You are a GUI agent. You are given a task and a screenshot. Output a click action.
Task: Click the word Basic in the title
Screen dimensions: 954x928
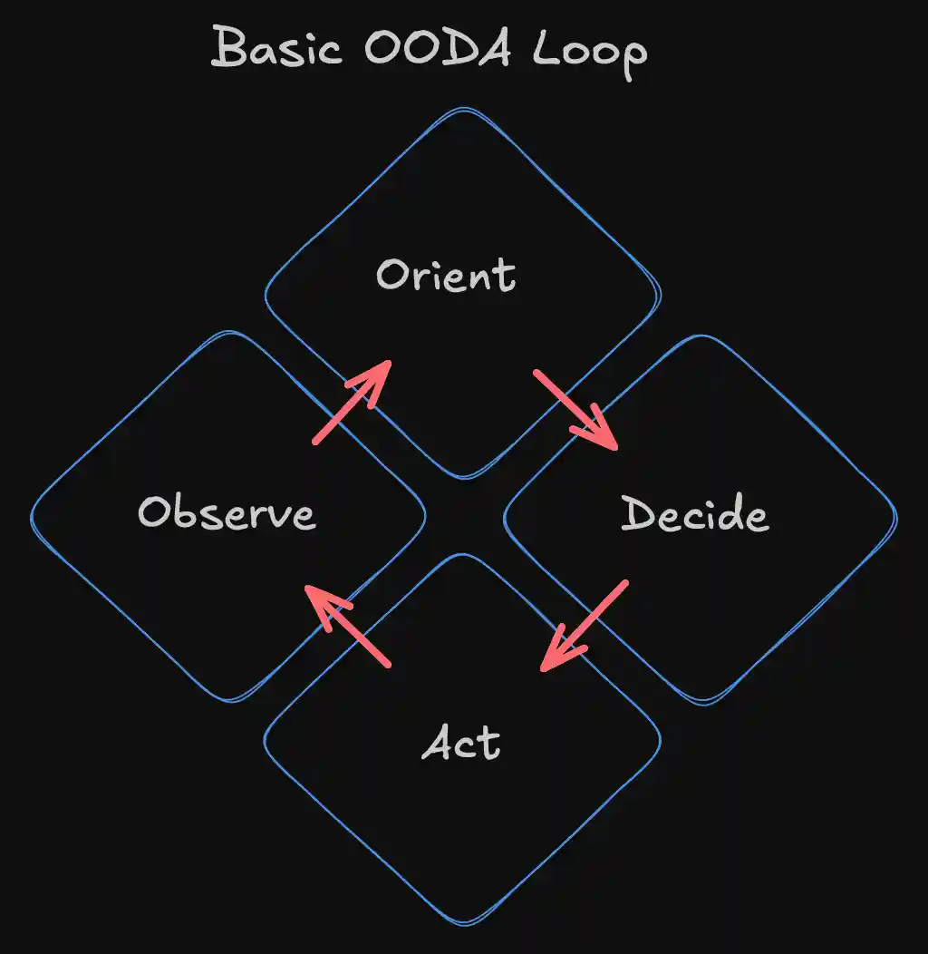click(x=276, y=49)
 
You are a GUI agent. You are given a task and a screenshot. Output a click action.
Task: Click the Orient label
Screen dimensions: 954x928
click(x=446, y=275)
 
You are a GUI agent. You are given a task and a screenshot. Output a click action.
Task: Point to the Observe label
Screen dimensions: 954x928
click(x=227, y=513)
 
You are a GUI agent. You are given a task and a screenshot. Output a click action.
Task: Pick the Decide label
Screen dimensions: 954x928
click(x=695, y=515)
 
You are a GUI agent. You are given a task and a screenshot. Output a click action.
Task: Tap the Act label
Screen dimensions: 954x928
click(x=462, y=745)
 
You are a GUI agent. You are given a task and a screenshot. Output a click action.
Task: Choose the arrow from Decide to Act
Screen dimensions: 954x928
click(x=585, y=627)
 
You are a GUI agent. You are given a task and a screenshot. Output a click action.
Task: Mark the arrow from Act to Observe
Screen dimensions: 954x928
click(x=349, y=626)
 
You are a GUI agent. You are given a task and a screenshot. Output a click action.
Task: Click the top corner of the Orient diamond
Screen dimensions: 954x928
click(x=463, y=111)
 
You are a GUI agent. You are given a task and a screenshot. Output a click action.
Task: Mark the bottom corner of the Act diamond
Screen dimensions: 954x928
click(x=463, y=924)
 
